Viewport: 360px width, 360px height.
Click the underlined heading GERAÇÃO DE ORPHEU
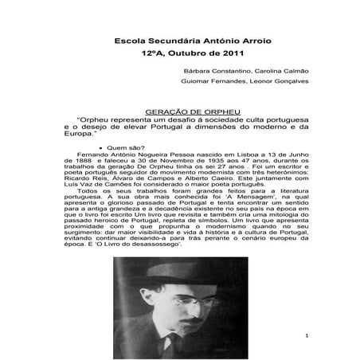pos(180,106)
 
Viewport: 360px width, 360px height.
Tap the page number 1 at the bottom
pos(306,335)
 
